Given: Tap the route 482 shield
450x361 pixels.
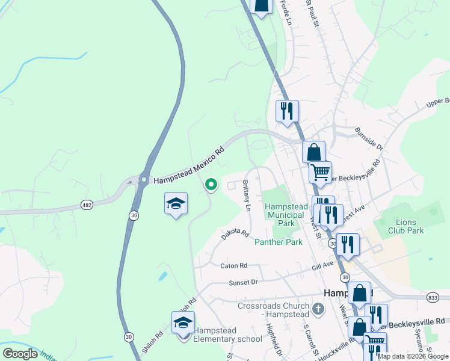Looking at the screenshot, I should [x=87, y=205].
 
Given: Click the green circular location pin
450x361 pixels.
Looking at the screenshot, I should [x=211, y=184].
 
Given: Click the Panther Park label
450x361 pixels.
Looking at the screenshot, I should [x=278, y=242].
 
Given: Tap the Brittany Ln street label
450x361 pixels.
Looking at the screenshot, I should [x=247, y=196].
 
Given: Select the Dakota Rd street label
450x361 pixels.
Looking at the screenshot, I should [x=235, y=234].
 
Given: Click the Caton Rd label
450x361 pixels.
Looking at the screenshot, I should [x=234, y=265].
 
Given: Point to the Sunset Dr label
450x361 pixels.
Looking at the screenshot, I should [x=243, y=282].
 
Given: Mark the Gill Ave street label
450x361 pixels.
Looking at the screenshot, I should [x=322, y=264].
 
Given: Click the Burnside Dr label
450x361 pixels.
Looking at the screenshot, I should [x=368, y=138].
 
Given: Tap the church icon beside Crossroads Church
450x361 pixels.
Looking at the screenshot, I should [x=318, y=310].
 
